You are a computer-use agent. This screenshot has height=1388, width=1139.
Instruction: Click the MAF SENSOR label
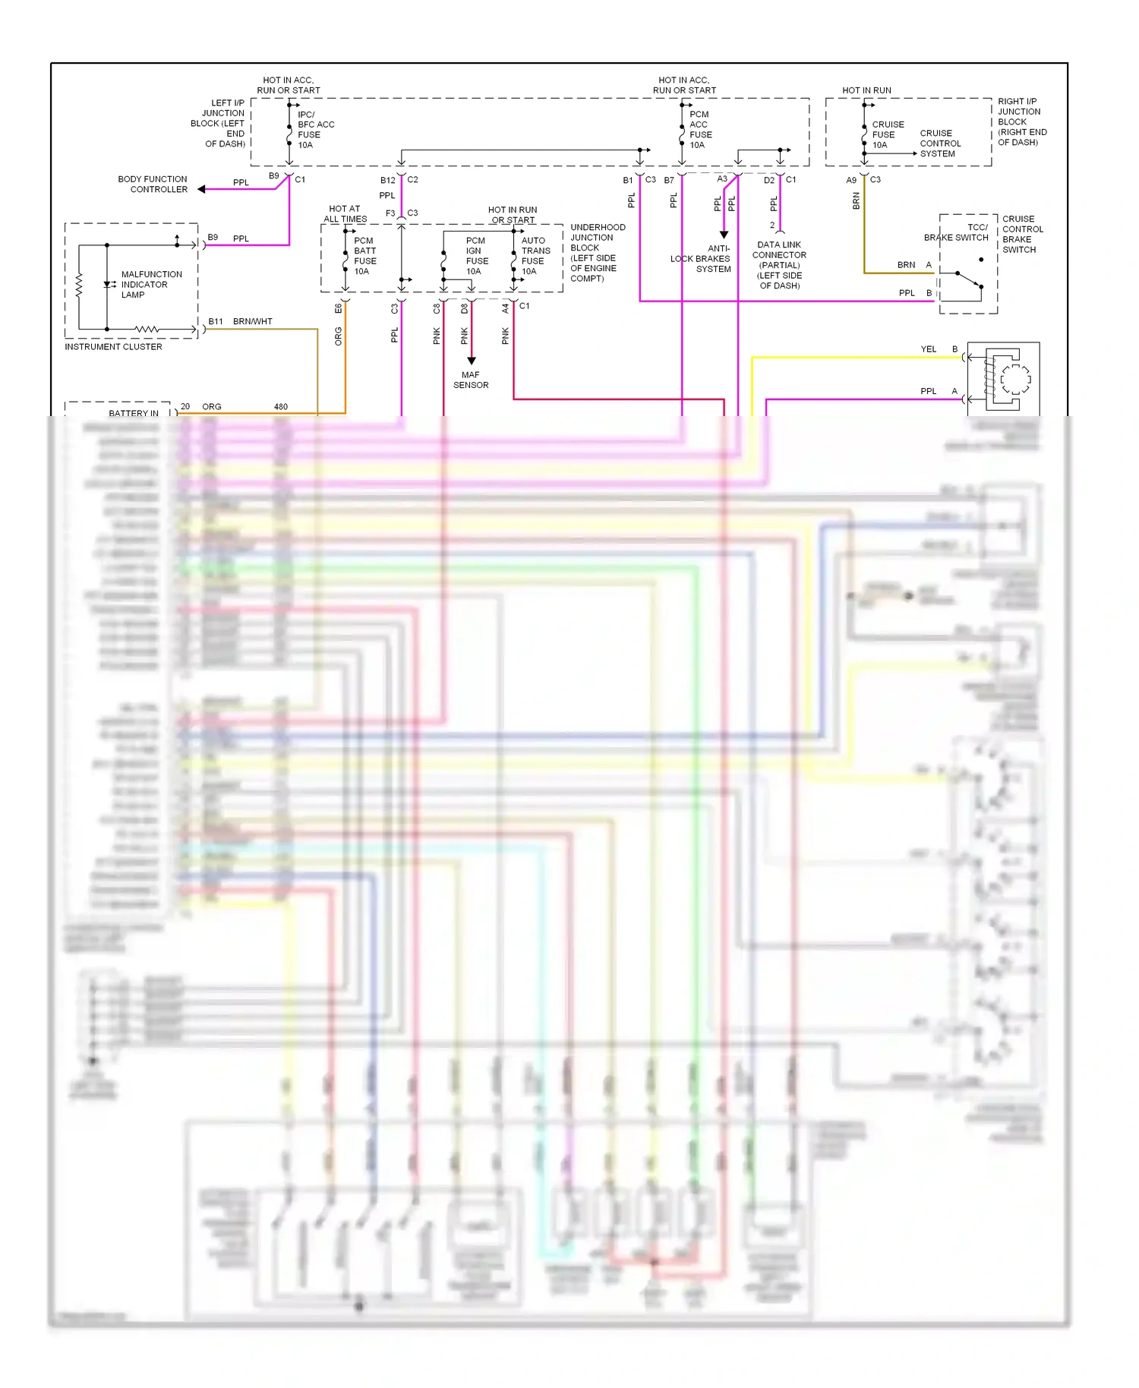(x=471, y=380)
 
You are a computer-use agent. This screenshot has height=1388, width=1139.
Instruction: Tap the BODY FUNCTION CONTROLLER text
(x=153, y=185)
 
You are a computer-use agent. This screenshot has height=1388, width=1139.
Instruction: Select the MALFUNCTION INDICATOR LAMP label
(x=151, y=285)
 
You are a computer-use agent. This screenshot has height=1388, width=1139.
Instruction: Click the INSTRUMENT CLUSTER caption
(x=113, y=347)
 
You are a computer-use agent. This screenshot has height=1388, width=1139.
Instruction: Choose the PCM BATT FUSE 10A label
(x=364, y=256)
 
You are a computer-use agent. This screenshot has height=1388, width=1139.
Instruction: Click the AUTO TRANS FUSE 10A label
(x=535, y=256)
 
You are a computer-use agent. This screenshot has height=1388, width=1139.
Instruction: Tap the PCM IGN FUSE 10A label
(x=476, y=256)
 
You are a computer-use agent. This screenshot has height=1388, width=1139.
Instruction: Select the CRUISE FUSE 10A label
(x=887, y=134)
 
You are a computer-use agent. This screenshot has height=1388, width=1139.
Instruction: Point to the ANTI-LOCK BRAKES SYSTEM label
(x=702, y=259)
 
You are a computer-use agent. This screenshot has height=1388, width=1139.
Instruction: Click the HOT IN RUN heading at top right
(x=866, y=90)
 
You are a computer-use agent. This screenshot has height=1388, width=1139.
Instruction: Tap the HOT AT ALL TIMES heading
(x=345, y=213)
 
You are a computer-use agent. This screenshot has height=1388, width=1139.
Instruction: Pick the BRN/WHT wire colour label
(x=252, y=322)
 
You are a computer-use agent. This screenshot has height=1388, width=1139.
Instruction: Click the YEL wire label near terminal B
(x=928, y=349)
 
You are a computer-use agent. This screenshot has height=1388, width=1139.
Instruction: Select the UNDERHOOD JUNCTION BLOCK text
(x=597, y=253)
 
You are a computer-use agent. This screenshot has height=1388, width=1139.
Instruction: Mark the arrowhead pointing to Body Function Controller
(x=202, y=189)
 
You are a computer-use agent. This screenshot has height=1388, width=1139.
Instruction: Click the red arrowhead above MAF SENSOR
(x=471, y=361)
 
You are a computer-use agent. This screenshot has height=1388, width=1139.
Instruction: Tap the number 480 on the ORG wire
(x=281, y=407)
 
